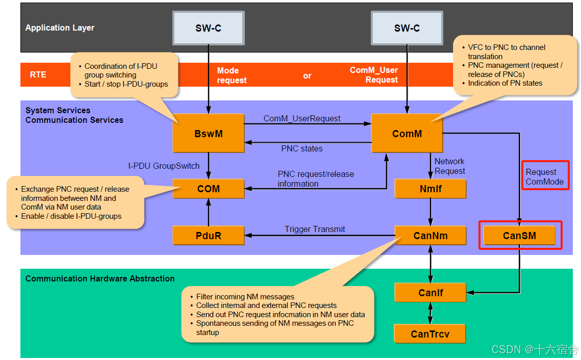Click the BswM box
pos(208,134)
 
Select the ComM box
pos(407,134)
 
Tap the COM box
pos(208,189)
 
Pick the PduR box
pos(208,236)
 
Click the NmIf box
pos(431,189)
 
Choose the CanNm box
pos(431,236)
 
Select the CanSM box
pos(519,236)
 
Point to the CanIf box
pos(431,293)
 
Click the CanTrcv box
pos(430,334)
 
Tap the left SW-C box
pos(208,28)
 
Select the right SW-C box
pos(407,28)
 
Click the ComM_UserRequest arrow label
pos(302,118)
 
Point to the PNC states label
pos(302,149)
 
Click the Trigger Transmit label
pos(315,229)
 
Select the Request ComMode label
pos(545,176)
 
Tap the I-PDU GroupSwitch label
pos(164,166)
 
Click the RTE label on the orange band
pos(38,74)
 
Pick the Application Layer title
pos(60,28)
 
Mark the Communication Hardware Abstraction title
pos(100,278)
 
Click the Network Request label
pos(449,166)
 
